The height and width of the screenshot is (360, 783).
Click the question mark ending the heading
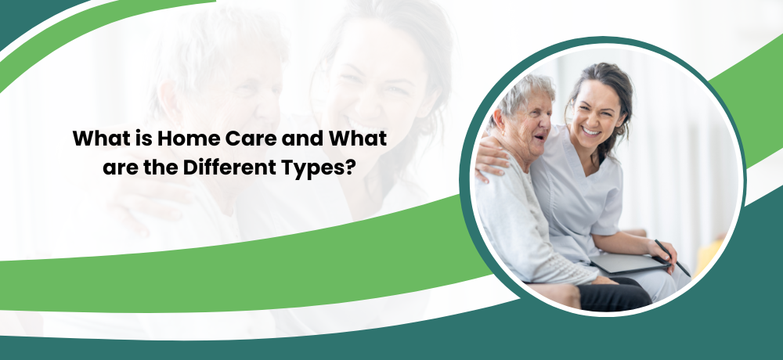coord(349,167)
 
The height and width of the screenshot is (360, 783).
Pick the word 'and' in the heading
coord(302,139)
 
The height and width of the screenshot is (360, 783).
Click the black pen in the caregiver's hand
coord(673,257)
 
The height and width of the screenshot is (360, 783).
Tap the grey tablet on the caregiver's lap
coord(630,263)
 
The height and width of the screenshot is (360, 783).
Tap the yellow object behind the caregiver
coord(709,254)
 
